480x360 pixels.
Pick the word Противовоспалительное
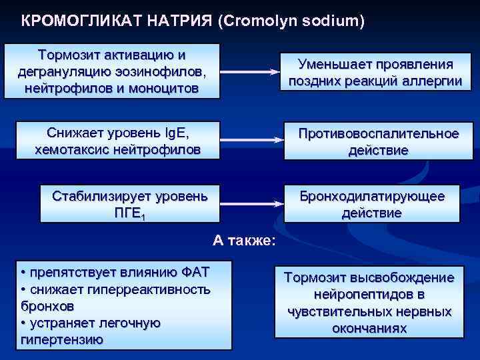(x=378, y=134)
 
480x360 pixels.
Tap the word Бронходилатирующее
(x=371, y=197)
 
